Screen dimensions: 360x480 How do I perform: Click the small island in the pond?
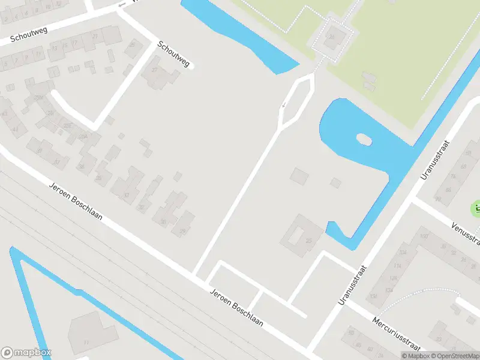click(x=364, y=139)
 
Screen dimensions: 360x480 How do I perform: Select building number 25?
click(x=309, y=241)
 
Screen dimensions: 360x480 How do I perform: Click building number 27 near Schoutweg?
click(x=155, y=70)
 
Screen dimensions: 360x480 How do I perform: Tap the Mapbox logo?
click(x=26, y=353)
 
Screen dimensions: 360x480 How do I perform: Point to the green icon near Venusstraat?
click(x=476, y=209)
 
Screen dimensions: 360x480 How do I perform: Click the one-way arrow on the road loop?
click(x=284, y=106)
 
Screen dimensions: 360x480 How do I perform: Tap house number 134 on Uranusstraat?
click(x=389, y=290)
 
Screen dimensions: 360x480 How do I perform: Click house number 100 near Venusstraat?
click(x=424, y=236)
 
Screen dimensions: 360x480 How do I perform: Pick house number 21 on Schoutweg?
click(x=95, y=37)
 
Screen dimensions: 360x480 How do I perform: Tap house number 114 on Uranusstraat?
click(x=397, y=266)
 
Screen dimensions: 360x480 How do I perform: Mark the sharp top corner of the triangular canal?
click(x=12, y=248)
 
